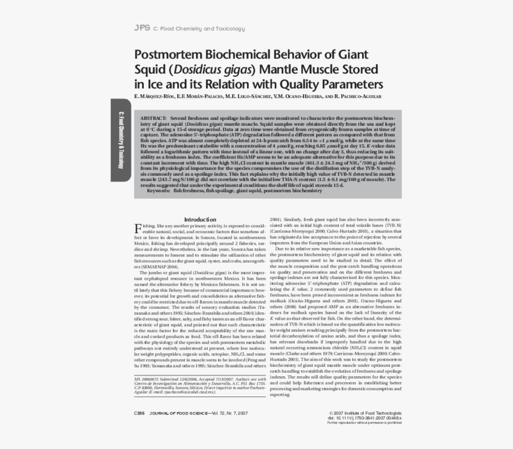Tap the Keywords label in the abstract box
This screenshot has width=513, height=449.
pyautogui.click(x=159, y=190)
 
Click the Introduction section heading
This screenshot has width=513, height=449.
pyautogui.click(x=200, y=219)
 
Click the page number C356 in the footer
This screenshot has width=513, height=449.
pyautogui.click(x=140, y=413)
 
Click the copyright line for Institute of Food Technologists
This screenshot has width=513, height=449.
pyautogui.click(x=365, y=413)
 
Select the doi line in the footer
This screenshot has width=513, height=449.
pyautogui.click(x=364, y=418)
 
